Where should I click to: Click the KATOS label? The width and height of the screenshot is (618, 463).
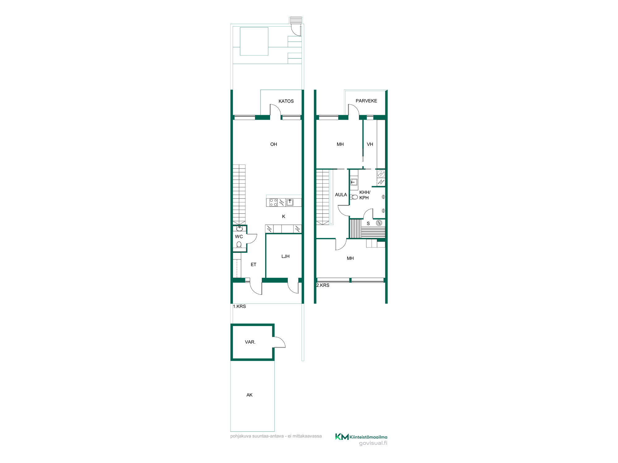click(x=286, y=101)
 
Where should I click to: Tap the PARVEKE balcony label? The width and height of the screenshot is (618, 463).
click(x=366, y=101)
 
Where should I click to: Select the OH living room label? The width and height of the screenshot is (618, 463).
click(x=273, y=144)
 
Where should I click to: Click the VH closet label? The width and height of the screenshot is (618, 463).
click(x=370, y=144)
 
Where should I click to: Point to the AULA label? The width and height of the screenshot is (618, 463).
click(x=341, y=195)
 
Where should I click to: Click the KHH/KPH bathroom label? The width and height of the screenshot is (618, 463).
click(x=365, y=195)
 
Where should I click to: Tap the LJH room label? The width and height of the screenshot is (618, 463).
click(x=285, y=256)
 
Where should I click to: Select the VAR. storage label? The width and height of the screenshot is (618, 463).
click(x=250, y=342)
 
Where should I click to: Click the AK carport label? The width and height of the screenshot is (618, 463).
click(x=249, y=395)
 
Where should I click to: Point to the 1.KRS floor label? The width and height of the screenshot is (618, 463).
click(x=239, y=306)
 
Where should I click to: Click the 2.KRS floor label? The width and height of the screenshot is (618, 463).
click(x=323, y=285)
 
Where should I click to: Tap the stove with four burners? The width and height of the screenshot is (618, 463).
click(x=273, y=202)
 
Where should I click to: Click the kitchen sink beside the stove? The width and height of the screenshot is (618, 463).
click(x=290, y=202)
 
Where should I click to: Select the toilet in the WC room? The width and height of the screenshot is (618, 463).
click(x=239, y=245)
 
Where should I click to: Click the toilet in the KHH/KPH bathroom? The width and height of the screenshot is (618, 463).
click(x=354, y=197)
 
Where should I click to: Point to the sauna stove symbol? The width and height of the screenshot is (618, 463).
click(x=379, y=223)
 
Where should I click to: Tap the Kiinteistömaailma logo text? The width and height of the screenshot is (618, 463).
click(x=368, y=437)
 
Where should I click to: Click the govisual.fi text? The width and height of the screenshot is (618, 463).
click(x=373, y=443)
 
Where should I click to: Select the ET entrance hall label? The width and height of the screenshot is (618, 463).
click(x=253, y=265)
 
